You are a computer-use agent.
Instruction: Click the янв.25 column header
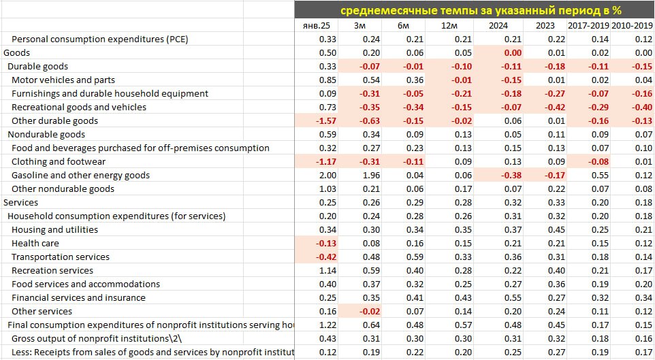(x=315, y=26)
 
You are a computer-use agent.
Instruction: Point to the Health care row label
(x=35, y=243)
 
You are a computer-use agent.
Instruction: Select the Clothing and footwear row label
(x=59, y=161)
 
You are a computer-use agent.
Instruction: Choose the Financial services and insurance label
(x=78, y=297)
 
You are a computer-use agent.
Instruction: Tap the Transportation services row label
(x=61, y=257)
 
